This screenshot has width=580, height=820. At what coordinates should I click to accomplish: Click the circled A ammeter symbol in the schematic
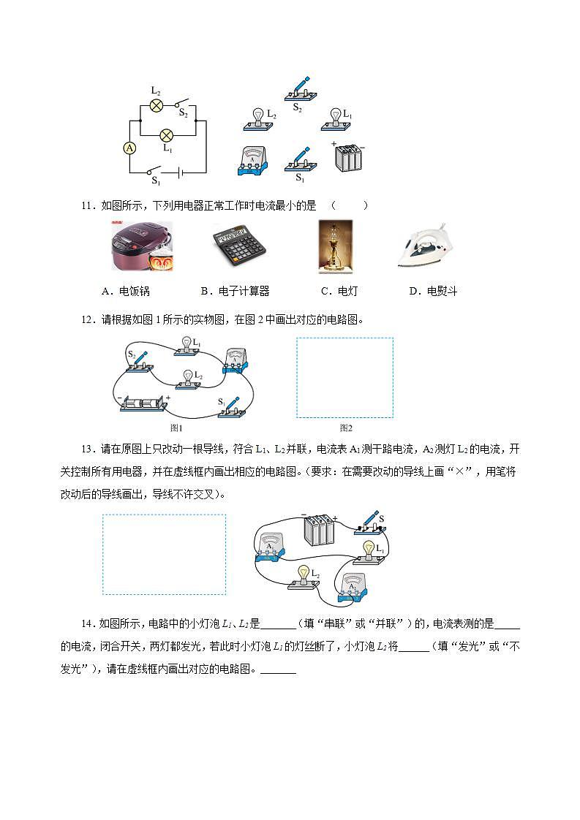point(129,148)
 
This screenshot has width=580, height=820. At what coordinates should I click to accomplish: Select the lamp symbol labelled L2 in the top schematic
point(156,105)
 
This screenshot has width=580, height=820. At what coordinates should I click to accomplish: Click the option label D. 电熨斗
point(433,291)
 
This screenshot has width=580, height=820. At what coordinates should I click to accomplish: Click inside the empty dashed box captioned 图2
point(344,377)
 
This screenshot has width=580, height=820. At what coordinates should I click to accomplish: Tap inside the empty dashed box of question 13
point(164,554)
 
